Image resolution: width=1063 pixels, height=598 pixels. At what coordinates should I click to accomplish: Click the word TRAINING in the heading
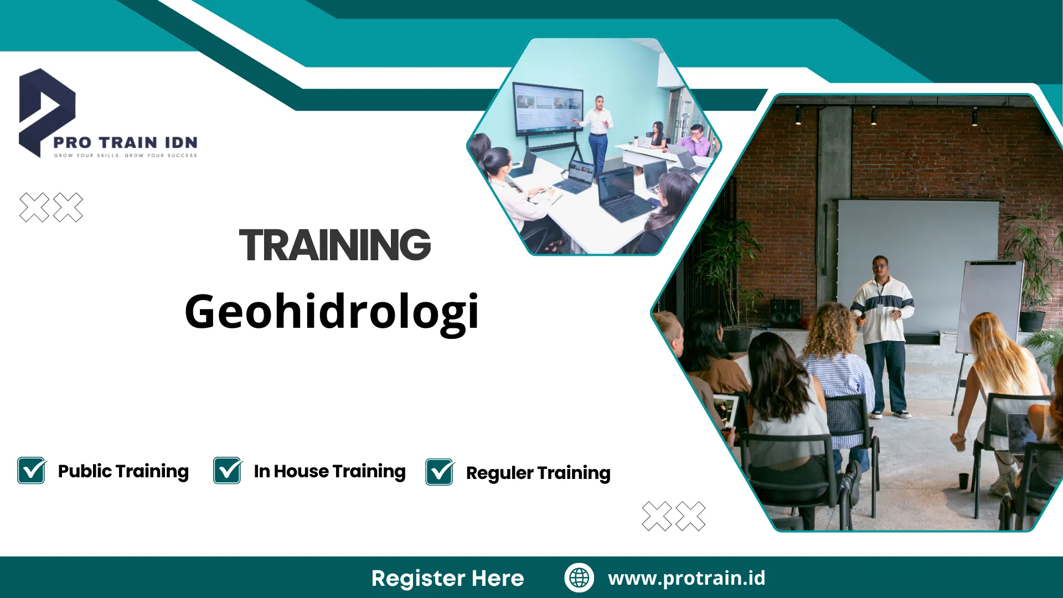(x=334, y=245)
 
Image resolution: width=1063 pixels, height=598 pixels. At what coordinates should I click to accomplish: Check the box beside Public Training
(x=32, y=471)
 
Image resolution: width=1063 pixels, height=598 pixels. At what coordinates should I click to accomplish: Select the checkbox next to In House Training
(x=228, y=471)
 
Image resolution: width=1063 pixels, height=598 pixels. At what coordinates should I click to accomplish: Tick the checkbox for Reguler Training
(x=440, y=472)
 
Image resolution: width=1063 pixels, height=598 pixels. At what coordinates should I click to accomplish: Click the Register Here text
(x=447, y=578)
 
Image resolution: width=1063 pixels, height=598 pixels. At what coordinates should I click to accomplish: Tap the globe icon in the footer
(x=579, y=578)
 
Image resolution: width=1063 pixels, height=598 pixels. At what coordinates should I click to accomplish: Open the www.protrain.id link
(x=687, y=578)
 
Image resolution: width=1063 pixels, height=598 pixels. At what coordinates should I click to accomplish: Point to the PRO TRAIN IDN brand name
(x=125, y=142)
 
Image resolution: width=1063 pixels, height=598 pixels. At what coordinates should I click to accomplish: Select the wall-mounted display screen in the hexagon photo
(x=548, y=108)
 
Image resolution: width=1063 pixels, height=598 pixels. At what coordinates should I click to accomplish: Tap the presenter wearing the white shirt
(x=597, y=130)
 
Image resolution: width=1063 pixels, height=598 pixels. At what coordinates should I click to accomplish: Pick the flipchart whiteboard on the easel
(x=991, y=305)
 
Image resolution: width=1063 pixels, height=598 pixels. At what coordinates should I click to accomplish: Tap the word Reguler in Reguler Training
(x=499, y=473)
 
